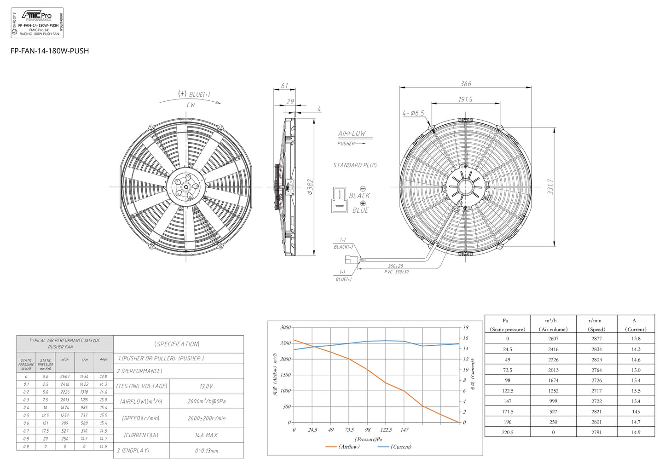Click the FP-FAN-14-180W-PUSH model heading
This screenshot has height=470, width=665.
pyautogui.click(x=50, y=51)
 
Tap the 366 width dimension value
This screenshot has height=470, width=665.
pyautogui.click(x=465, y=84)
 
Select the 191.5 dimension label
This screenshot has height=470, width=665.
pyautogui.click(x=465, y=99)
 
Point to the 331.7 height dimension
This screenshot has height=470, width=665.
pyautogui.click(x=550, y=186)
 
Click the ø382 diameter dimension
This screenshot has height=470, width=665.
pyautogui.click(x=310, y=187)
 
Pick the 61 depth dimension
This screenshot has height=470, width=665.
pyautogui.click(x=284, y=86)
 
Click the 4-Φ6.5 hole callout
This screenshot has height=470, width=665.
pyautogui.click(x=413, y=113)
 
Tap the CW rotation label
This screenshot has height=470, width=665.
pyautogui.click(x=191, y=105)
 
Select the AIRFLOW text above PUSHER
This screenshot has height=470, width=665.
pyautogui.click(x=352, y=133)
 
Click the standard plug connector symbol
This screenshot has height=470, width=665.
pyautogui.click(x=339, y=200)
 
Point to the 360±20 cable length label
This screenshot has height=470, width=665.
pyautogui.click(x=395, y=266)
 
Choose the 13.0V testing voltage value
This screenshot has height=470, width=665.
pyautogui.click(x=206, y=387)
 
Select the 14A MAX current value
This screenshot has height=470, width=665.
pyautogui.click(x=206, y=435)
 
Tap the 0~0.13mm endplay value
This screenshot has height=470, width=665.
pyautogui.click(x=206, y=451)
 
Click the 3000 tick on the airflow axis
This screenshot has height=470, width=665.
pyautogui.click(x=285, y=327)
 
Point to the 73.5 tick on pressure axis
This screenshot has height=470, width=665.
pyautogui.click(x=349, y=430)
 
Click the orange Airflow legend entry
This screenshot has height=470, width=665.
pyautogui.click(x=343, y=447)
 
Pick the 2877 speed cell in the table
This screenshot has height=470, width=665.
pyautogui.click(x=596, y=338)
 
